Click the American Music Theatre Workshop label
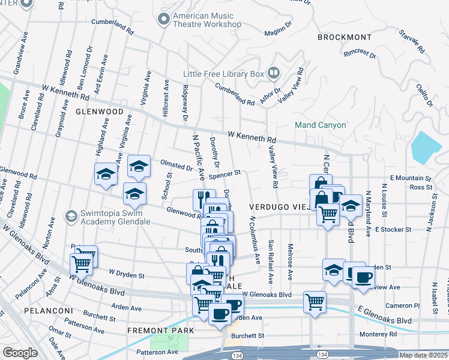point(206,20)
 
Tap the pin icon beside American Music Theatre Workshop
point(163,20)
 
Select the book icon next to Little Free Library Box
point(274,73)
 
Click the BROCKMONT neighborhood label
point(341,37)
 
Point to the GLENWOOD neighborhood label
point(99,112)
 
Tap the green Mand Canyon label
point(320,125)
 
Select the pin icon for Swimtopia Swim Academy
point(71,215)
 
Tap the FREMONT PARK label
point(160,331)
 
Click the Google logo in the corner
point(20,353)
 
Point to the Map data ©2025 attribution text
point(423,355)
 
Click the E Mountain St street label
point(411,178)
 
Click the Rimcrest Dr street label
point(360,53)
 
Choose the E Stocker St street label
point(393,229)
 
